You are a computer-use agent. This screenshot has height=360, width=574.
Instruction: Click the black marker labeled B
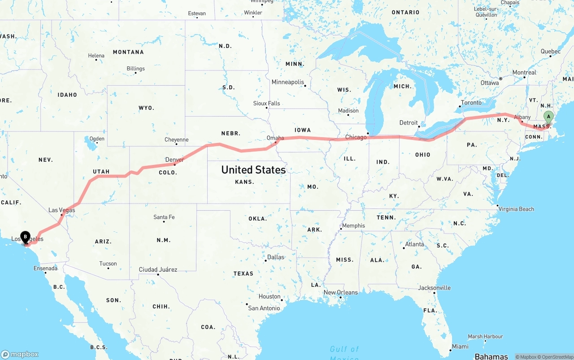(26, 236)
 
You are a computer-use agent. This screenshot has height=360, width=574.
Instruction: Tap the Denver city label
(174, 160)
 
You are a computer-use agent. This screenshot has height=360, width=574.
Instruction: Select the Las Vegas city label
(62, 210)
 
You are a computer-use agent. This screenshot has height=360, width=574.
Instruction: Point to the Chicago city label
(356, 137)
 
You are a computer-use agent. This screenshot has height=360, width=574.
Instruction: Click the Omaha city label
(275, 138)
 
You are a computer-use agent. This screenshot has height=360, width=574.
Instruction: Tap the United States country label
(253, 170)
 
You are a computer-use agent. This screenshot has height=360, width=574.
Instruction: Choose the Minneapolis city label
(288, 82)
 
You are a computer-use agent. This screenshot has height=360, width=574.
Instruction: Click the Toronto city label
(471, 103)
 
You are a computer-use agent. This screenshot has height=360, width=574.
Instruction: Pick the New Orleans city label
(341, 292)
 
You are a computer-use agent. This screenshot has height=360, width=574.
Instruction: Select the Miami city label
(460, 346)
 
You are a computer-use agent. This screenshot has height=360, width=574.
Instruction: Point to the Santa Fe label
(164, 217)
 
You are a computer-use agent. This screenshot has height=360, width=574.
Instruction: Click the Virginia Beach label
(516, 209)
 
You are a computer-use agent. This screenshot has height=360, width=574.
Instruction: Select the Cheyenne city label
(177, 139)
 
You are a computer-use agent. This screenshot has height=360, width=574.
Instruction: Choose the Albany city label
(522, 117)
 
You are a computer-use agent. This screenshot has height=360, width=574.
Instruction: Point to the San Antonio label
(265, 308)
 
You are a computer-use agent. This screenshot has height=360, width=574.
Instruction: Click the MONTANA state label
(128, 52)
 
